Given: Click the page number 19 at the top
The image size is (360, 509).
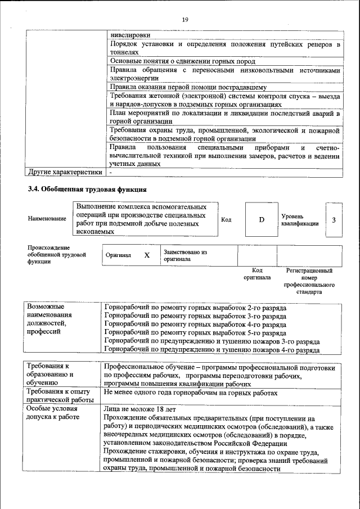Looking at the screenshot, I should (x=184, y=20).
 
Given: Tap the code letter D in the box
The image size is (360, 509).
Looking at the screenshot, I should (x=262, y=219).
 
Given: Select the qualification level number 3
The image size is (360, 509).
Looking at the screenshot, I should (x=334, y=219).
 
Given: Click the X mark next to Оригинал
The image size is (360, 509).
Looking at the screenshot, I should (x=147, y=255).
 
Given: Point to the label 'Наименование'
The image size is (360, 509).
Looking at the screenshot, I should (x=47, y=218).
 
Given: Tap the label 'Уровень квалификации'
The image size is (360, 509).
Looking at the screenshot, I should (x=300, y=219).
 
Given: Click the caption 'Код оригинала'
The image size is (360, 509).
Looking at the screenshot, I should (x=257, y=274).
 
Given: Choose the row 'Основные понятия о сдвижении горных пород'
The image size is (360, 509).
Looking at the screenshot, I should (x=183, y=61).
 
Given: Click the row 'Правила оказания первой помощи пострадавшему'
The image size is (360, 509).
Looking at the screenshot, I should (x=188, y=87).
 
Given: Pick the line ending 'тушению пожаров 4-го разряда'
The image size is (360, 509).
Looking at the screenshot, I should (x=213, y=349).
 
